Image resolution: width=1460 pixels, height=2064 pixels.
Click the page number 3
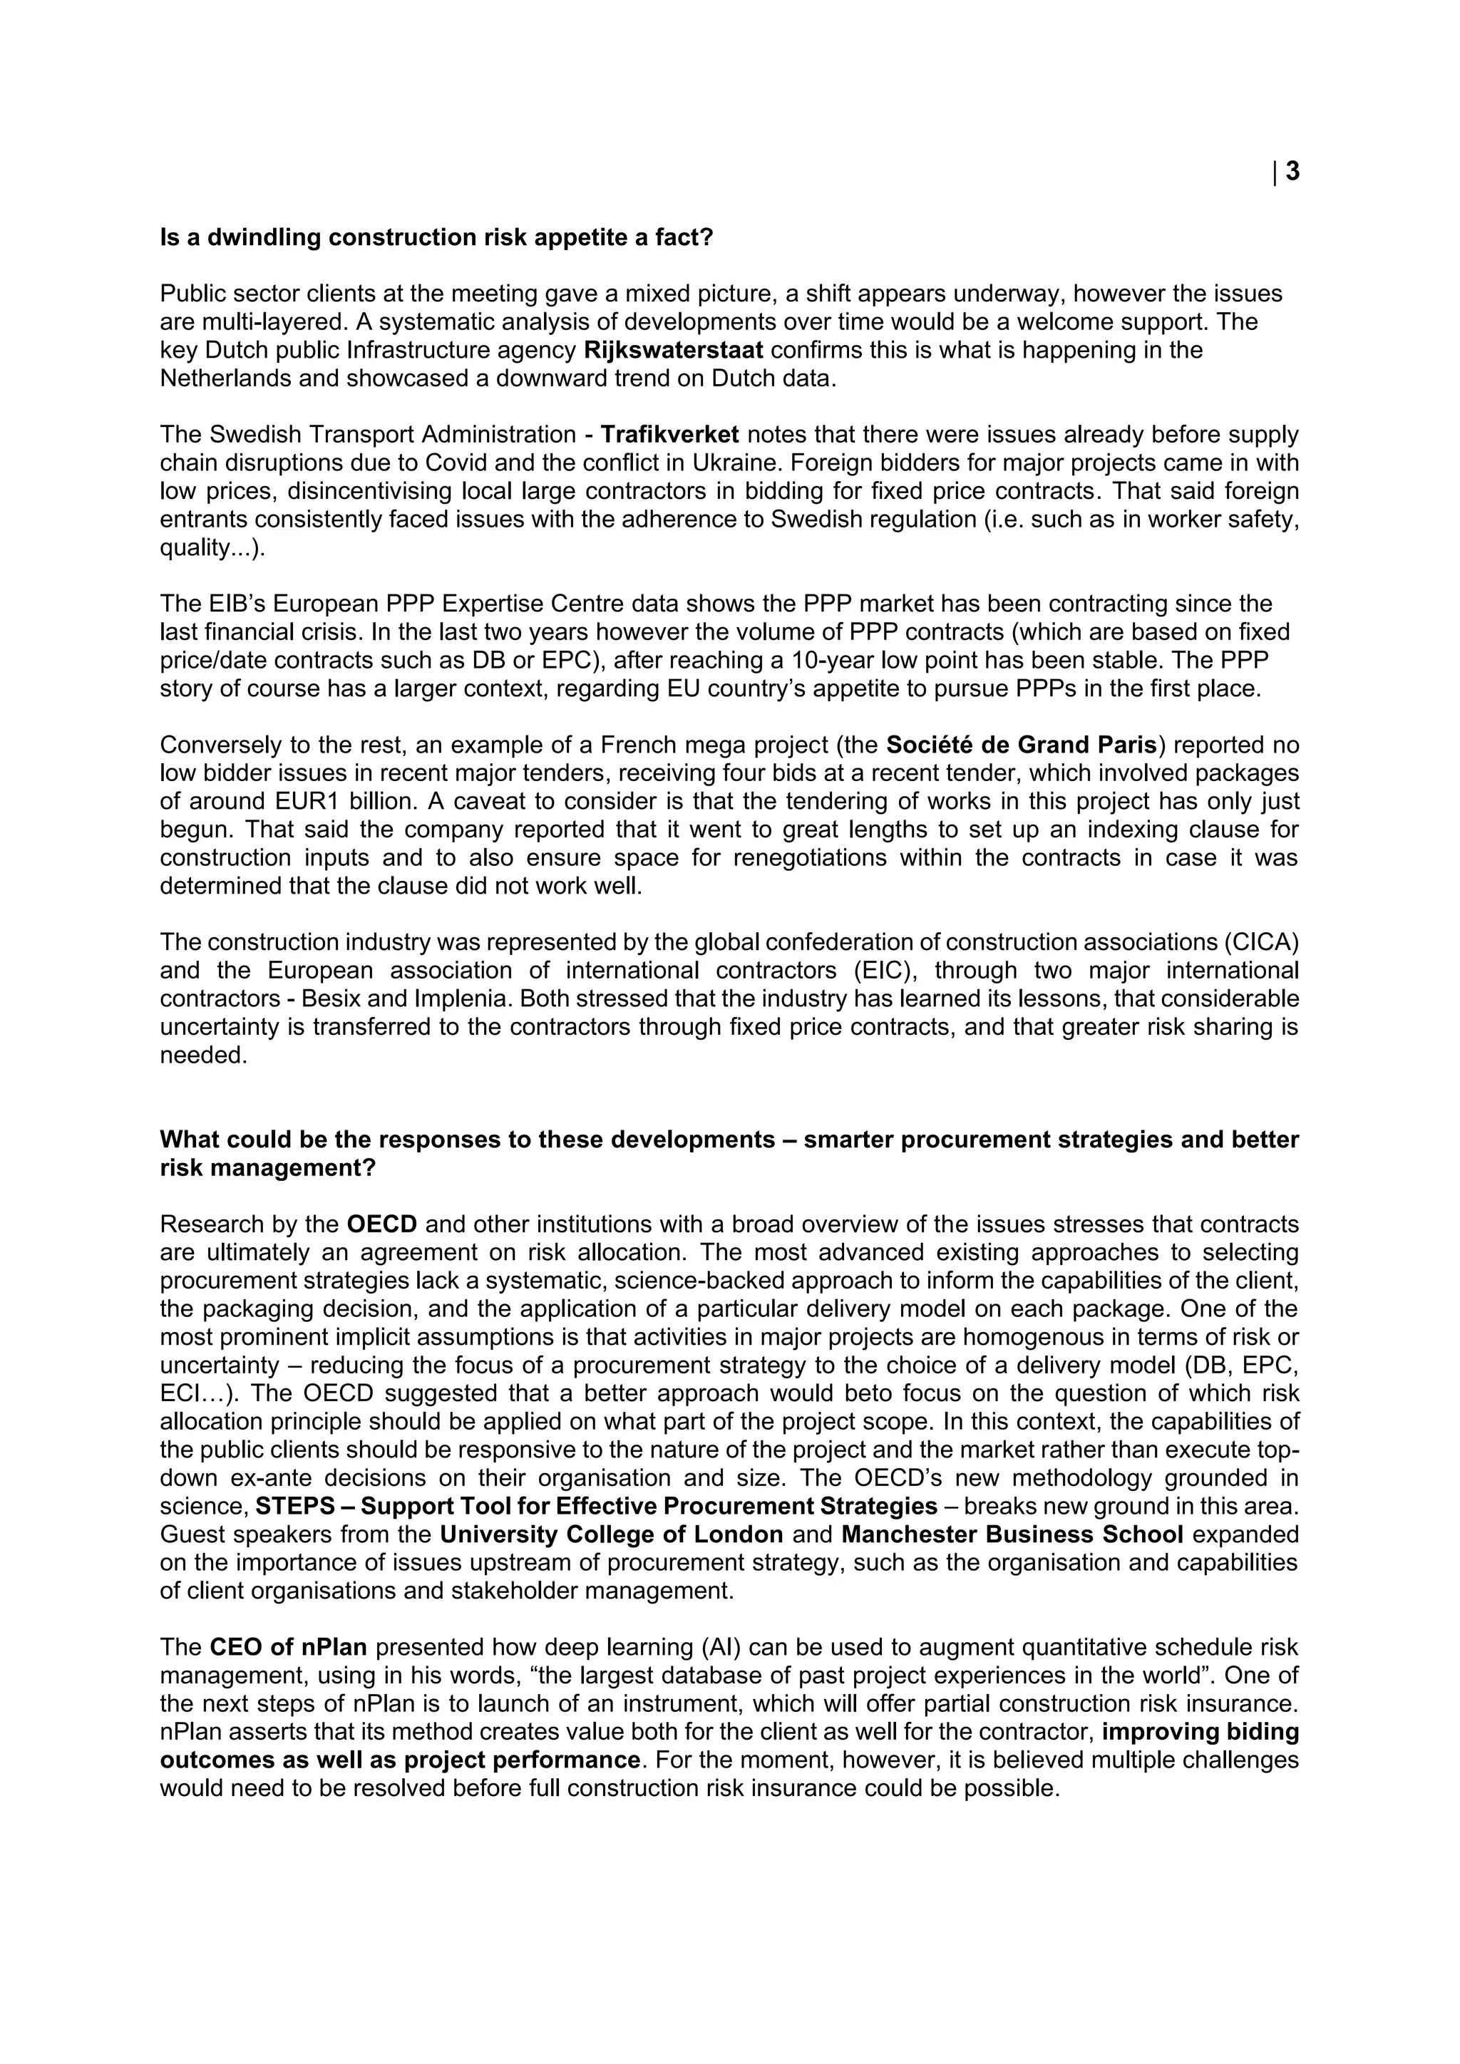point(1292,172)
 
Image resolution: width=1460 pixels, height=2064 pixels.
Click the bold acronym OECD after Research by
point(382,1224)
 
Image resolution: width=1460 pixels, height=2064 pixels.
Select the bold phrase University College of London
point(612,1534)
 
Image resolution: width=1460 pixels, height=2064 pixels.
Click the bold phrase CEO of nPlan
point(288,1647)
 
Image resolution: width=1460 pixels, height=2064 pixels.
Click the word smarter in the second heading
point(848,1140)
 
